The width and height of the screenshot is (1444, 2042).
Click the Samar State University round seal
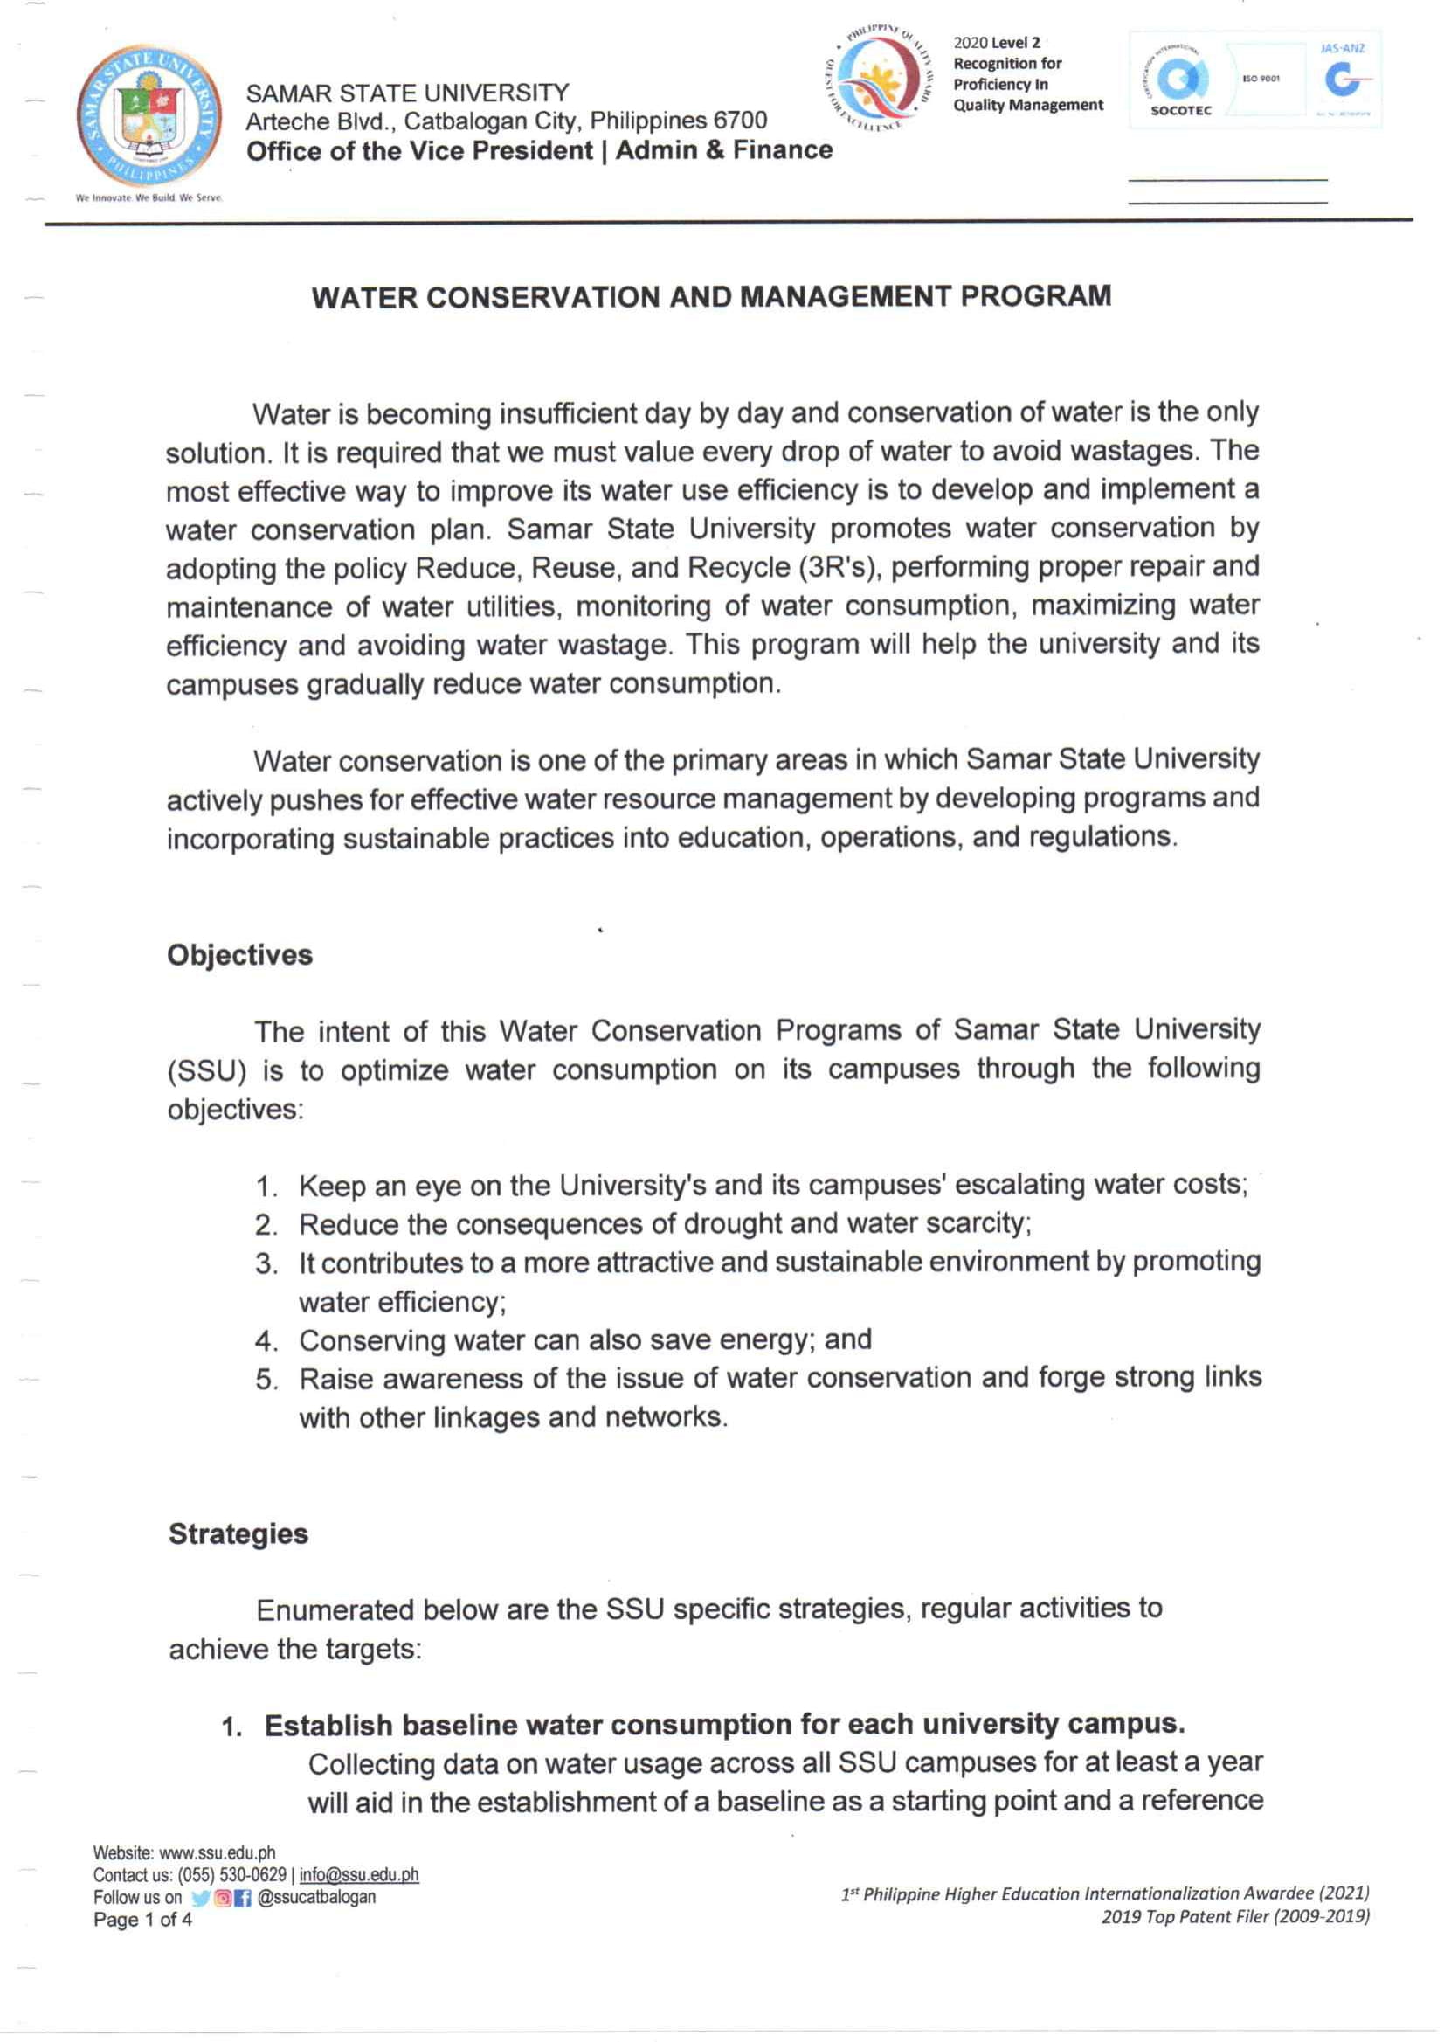pos(149,114)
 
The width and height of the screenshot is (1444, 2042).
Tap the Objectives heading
pos(240,955)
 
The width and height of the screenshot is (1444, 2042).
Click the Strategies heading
pos(238,1534)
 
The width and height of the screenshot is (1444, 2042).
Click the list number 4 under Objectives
pos(266,1341)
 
